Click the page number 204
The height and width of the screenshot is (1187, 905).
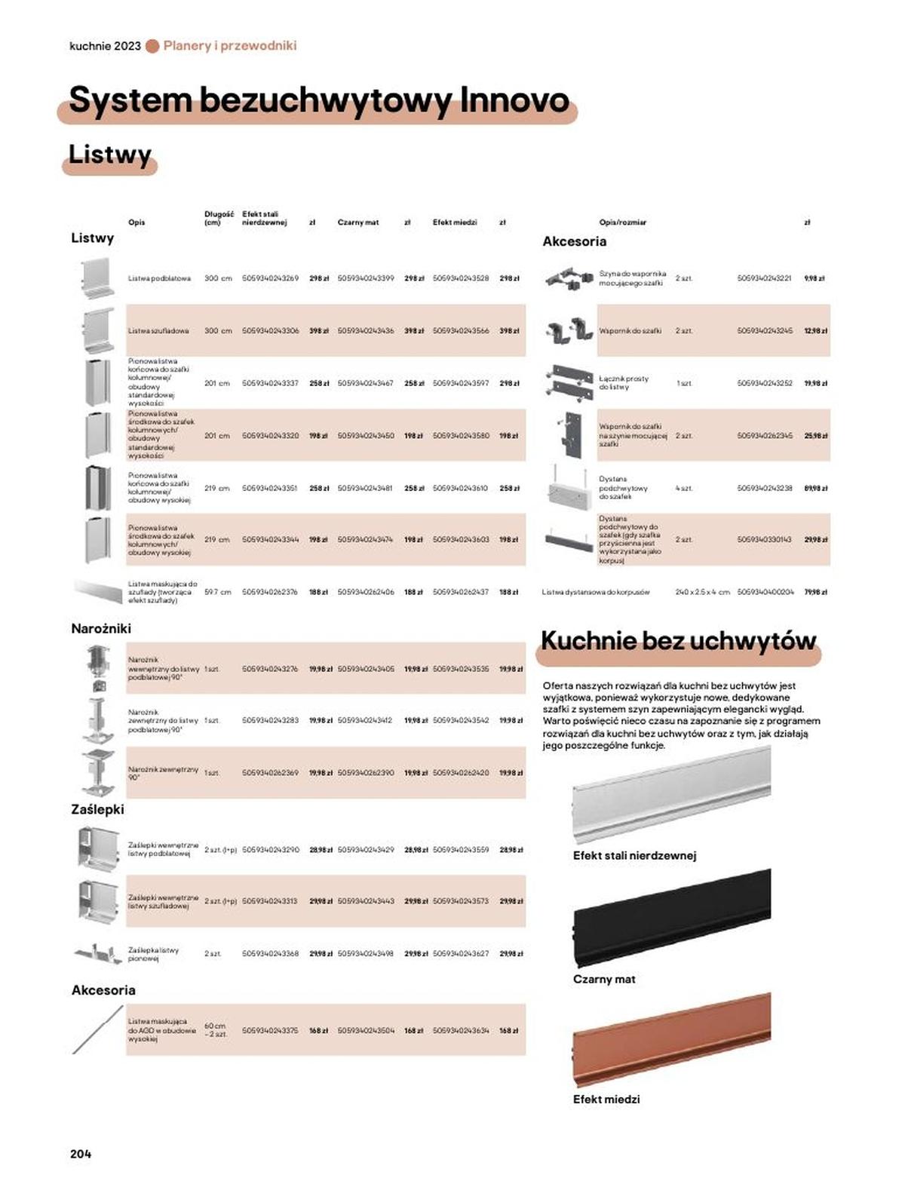[x=81, y=1153]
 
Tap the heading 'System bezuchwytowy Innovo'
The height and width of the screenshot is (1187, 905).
[x=318, y=100]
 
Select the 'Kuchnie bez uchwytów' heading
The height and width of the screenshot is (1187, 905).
[x=678, y=641]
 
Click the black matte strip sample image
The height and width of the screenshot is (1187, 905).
[x=672, y=917]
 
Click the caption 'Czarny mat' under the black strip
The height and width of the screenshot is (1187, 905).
[x=604, y=979]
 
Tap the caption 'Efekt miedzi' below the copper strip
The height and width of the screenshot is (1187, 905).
[x=606, y=1100]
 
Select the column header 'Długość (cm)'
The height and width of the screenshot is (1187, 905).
[x=219, y=218]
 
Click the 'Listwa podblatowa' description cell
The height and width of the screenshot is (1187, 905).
[x=159, y=278]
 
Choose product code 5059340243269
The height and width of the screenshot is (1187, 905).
[x=270, y=278]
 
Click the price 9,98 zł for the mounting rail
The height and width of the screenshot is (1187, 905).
[x=814, y=278]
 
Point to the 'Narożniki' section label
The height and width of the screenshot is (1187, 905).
[x=101, y=628]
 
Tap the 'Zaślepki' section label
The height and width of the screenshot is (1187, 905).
[x=97, y=809]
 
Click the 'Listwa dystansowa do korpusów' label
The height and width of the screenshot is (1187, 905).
[x=596, y=592]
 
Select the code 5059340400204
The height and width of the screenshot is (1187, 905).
[x=765, y=592]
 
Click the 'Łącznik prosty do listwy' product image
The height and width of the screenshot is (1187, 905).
[x=569, y=382]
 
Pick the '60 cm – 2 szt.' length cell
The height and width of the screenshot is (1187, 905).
[x=216, y=1029]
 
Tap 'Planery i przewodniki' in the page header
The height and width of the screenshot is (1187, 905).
[x=230, y=45]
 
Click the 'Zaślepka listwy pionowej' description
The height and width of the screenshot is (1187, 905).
[x=153, y=954]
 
